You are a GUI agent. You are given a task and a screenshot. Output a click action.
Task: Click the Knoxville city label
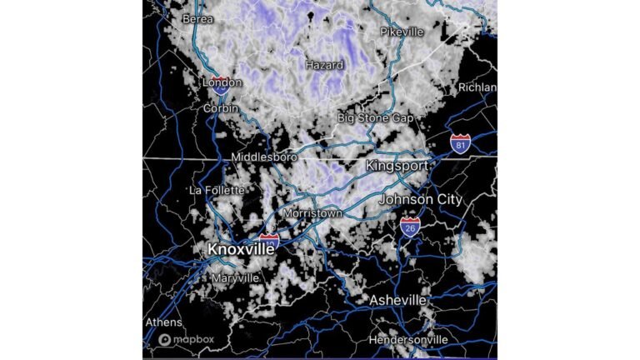[x=240, y=249]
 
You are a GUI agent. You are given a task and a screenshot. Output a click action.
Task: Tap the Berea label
[x=197, y=18]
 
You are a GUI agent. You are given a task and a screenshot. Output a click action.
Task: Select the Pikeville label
[x=402, y=32]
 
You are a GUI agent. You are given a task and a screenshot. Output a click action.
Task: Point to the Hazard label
[x=324, y=64]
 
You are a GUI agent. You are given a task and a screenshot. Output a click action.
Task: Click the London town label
[x=222, y=82]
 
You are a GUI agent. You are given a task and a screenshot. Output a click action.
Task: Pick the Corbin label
[x=221, y=108]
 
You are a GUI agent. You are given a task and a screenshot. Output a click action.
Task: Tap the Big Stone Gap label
[x=375, y=118]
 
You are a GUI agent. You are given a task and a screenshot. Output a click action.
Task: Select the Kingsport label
[x=397, y=166]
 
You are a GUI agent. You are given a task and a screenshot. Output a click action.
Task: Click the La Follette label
[x=214, y=190]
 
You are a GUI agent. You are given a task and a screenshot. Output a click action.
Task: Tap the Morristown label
[x=312, y=213]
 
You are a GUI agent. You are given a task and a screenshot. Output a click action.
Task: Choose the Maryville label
[x=234, y=277]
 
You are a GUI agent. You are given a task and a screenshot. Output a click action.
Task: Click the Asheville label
[x=398, y=300]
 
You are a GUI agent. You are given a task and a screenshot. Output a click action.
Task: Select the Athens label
[x=163, y=322]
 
